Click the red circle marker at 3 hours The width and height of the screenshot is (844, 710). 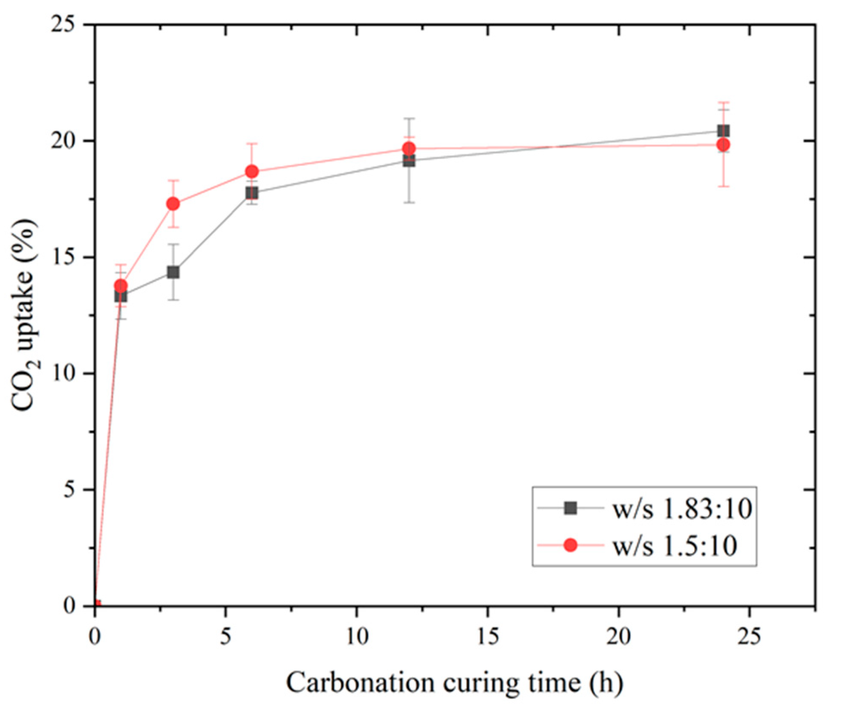tap(173, 204)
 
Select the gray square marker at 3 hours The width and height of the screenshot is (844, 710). tap(173, 272)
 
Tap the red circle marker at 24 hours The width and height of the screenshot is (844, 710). tap(723, 145)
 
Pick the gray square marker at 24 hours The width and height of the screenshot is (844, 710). tap(723, 131)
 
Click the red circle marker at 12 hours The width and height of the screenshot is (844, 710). tap(409, 149)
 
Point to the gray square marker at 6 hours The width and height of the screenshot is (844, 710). tap(252, 193)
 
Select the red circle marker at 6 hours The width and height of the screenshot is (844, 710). tap(252, 172)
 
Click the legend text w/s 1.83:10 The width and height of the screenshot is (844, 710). tap(682, 509)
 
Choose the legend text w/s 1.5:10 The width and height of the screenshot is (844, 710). tap(674, 545)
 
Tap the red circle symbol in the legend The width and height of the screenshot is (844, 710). tap(570, 545)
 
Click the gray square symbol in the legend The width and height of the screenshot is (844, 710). tap(570, 508)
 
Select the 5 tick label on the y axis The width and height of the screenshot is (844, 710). tap(69, 490)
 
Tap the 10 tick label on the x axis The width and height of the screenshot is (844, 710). tap(357, 637)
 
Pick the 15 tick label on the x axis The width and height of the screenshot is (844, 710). tap(488, 637)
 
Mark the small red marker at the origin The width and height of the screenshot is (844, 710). tap(97, 605)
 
